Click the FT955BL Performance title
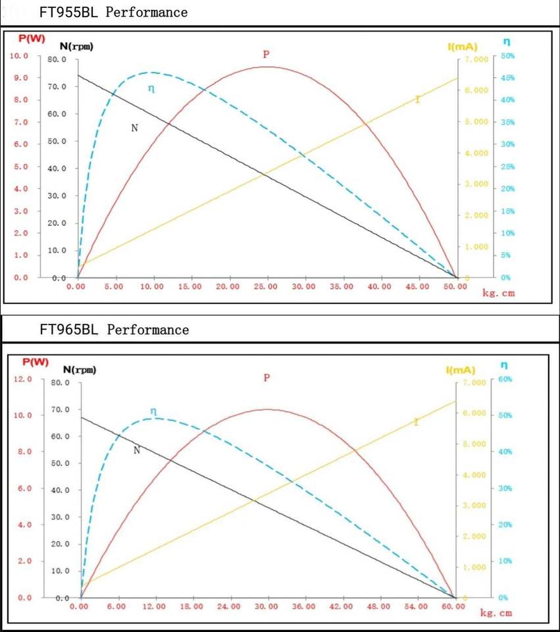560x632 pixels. tap(118, 13)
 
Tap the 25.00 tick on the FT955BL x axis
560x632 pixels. tap(267, 287)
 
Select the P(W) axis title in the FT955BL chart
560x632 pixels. tap(32, 39)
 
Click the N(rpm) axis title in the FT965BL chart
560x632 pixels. tap(80, 369)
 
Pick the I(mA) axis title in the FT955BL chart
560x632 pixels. tap(462, 47)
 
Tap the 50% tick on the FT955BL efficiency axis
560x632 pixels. tap(507, 56)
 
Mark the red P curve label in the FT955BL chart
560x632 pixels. tap(267, 55)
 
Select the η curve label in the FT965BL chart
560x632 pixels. tap(153, 411)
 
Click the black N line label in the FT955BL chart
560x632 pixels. tap(134, 128)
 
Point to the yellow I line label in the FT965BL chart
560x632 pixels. tap(416, 422)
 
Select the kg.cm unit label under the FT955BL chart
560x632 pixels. tap(499, 294)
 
